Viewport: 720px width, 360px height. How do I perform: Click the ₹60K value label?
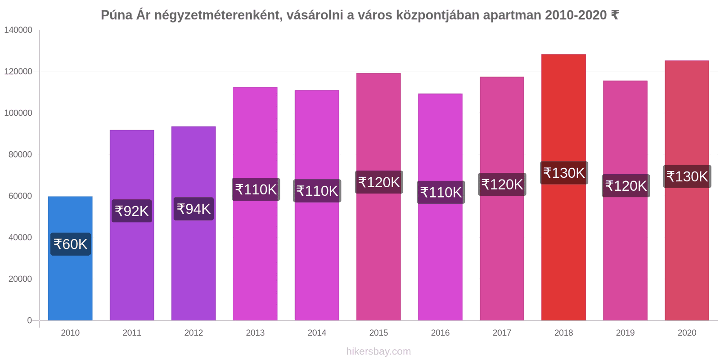71,244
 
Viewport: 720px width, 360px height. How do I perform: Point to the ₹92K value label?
132,211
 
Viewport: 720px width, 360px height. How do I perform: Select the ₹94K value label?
193,209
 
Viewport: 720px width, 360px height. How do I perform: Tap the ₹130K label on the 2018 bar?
564,173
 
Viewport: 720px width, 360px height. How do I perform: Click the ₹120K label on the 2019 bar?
625,185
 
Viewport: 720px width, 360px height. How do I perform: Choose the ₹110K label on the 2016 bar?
441,192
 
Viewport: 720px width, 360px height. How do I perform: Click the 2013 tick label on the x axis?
255,333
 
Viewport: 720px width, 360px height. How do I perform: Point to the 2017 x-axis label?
502,333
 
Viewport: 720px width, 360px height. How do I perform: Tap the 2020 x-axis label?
687,333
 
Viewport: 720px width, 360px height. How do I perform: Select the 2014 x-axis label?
317,333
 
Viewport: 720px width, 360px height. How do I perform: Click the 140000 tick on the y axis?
18,30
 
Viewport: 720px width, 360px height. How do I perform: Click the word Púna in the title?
117,15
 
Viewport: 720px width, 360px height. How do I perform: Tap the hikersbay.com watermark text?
378,351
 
